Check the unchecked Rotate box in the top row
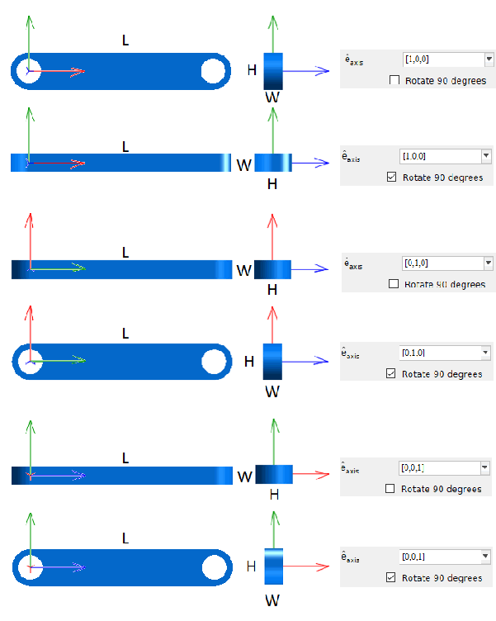tap(394, 81)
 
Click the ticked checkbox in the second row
tap(391, 178)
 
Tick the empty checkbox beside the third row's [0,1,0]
tap(393, 284)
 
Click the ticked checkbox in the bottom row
tap(391, 578)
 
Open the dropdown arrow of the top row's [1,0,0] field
tap(489, 59)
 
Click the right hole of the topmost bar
tap(213, 71)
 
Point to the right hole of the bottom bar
tap(214, 566)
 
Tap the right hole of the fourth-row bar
tap(214, 362)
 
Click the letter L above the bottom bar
tap(125, 538)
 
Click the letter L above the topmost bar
tap(125, 40)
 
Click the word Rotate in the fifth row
tap(416, 489)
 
